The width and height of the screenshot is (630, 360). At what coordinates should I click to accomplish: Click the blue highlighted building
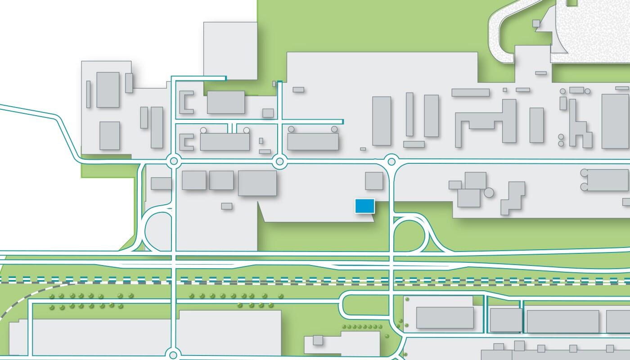click(364, 206)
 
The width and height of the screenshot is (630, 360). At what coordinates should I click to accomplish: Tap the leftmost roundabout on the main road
click(174, 161)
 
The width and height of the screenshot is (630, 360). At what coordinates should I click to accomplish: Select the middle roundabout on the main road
click(279, 161)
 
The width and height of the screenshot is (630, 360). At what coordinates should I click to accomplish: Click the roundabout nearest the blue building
click(391, 161)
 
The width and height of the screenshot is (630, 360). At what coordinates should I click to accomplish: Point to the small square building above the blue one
click(374, 180)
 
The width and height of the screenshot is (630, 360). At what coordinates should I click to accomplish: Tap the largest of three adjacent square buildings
click(257, 183)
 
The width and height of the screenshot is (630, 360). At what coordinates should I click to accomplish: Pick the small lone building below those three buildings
click(227, 206)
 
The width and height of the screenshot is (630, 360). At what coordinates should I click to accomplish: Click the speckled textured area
click(589, 31)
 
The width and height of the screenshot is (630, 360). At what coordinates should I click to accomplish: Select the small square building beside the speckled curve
click(536, 23)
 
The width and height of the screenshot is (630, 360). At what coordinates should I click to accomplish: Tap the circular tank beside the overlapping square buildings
click(488, 193)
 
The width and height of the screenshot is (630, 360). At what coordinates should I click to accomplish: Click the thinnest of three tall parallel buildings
click(409, 114)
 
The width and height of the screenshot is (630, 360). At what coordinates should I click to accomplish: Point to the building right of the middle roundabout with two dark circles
click(313, 140)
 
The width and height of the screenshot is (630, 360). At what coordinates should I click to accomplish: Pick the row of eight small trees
click(362, 327)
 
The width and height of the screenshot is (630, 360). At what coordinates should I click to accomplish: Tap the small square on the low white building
click(318, 340)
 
